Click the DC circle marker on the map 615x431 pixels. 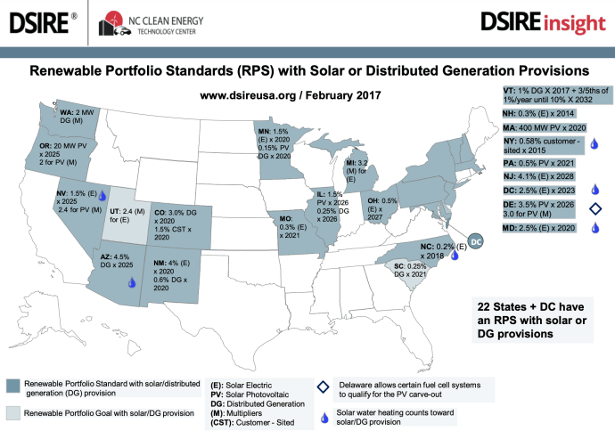click(x=475, y=240)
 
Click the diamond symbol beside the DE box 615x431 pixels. click(x=594, y=209)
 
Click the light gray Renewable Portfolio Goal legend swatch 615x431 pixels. click(x=11, y=412)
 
